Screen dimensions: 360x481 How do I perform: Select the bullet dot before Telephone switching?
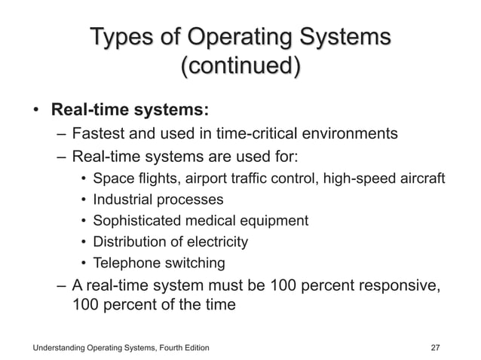click(82, 264)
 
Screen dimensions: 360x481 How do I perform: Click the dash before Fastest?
click(61, 136)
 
